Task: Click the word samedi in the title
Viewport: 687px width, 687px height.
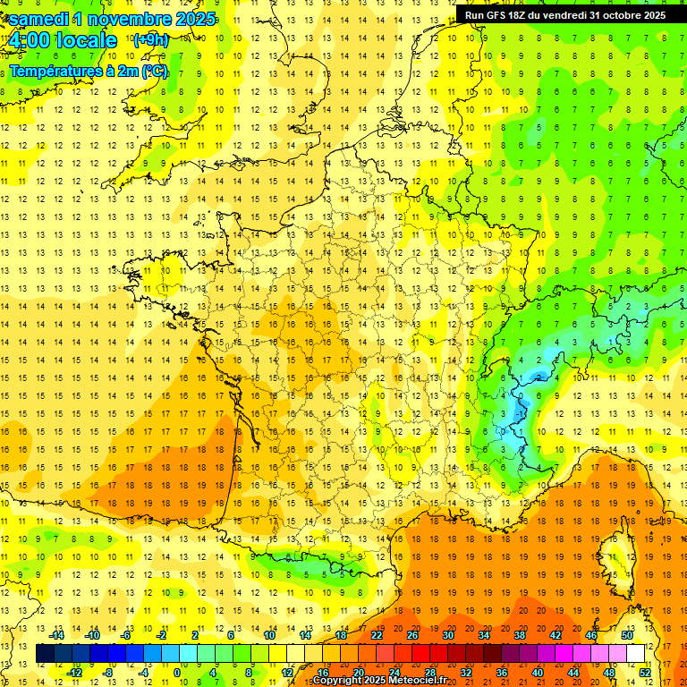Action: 39,19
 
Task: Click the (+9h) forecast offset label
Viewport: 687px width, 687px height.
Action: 150,39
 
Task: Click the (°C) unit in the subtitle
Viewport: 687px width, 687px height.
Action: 154,72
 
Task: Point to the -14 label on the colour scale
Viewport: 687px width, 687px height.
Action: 56,635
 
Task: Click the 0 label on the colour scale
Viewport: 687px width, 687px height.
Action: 177,673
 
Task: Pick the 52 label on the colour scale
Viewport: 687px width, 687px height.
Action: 645,673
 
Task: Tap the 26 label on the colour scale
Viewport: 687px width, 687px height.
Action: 411,635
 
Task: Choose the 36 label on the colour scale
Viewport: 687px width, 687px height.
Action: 501,673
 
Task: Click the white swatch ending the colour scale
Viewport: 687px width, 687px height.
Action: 635,654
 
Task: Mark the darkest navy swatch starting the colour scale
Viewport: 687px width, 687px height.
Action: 45,654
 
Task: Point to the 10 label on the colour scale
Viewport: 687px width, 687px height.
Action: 268,635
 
